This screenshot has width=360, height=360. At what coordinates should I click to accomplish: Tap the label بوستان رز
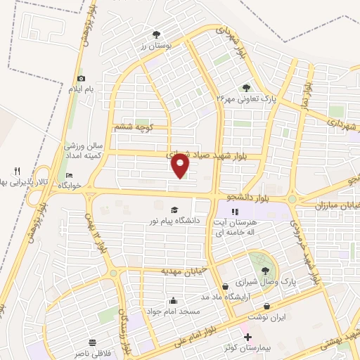(155, 44)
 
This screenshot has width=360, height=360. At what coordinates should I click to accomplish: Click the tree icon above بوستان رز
(155, 33)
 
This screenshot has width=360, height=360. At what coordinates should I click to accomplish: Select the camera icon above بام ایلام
(82, 78)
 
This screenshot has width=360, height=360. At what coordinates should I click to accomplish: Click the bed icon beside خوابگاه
(69, 175)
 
